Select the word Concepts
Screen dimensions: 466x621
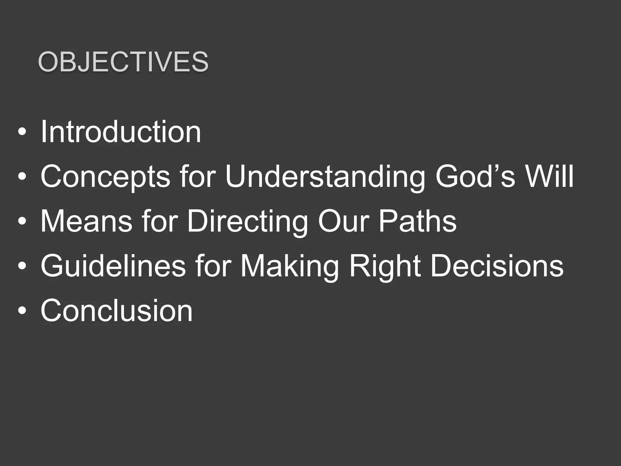coord(105,177)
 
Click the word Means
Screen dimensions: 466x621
coord(86,221)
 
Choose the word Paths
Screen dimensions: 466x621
coord(417,221)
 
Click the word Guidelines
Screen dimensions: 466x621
coord(113,266)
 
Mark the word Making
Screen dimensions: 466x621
coord(290,266)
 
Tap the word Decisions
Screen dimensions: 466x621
coord(497,266)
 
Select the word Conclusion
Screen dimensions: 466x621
coord(116,310)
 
